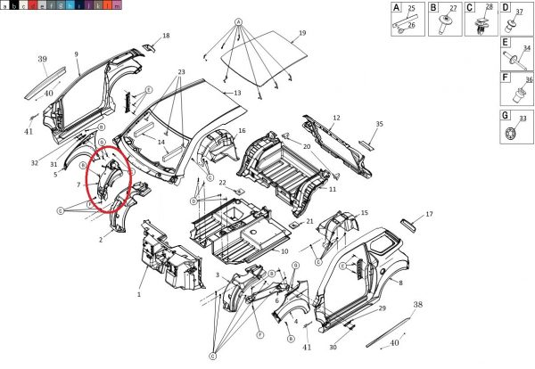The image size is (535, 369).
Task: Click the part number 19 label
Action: (301, 33)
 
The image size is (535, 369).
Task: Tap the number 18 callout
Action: (166, 36)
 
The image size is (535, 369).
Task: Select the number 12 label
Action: (336, 119)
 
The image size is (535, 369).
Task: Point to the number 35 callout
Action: (379, 124)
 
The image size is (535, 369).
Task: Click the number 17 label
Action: (429, 214)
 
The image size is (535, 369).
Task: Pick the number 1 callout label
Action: (139, 294)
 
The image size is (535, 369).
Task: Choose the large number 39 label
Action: (42, 59)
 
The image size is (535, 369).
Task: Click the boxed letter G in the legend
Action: (506, 116)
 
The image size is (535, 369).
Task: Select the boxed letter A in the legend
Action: (397, 7)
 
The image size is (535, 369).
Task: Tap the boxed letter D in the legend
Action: (506, 7)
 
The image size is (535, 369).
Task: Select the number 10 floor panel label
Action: (285, 252)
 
